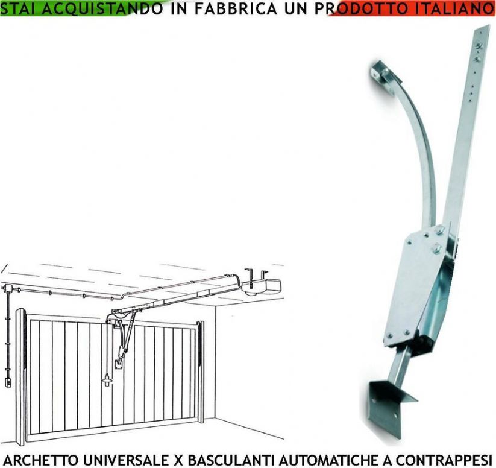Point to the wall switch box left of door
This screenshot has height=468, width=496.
pos(8,381)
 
